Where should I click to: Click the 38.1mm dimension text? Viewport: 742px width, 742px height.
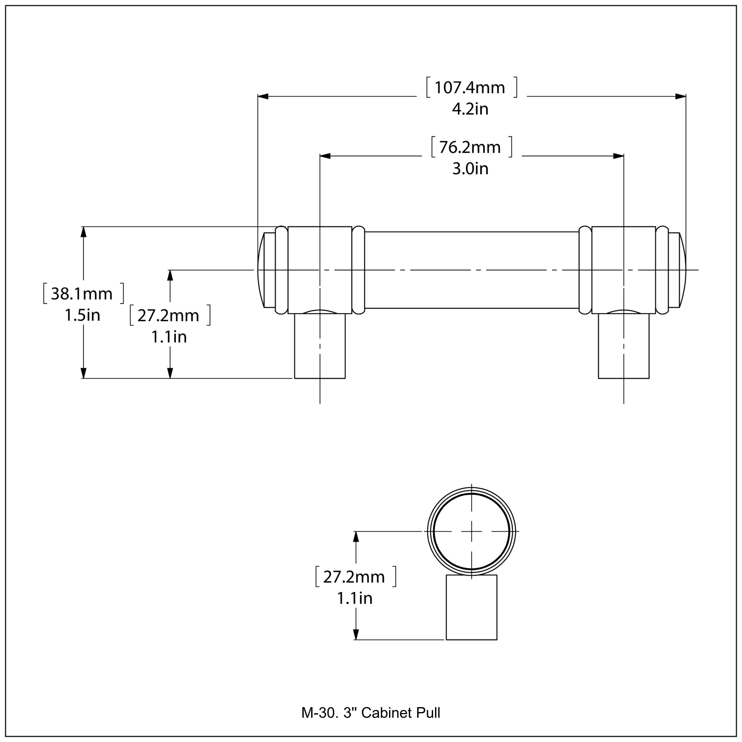point(82,294)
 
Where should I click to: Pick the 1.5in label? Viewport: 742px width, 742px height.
point(82,316)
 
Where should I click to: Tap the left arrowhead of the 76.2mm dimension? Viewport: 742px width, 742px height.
point(325,156)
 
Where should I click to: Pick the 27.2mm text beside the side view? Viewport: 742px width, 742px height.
point(169,316)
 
